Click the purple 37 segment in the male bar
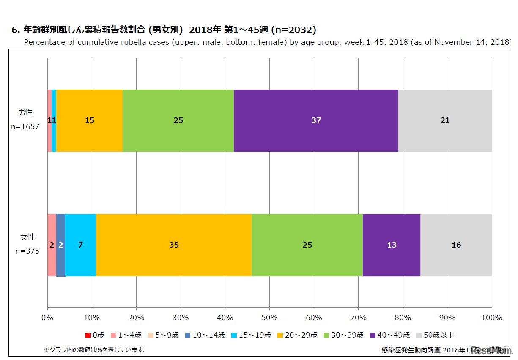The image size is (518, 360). pyautogui.click(x=316, y=120)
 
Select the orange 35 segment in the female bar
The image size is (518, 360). pyautogui.click(x=174, y=245)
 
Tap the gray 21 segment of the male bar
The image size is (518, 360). pyautogui.click(x=445, y=120)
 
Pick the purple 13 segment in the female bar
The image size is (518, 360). pyautogui.click(x=392, y=245)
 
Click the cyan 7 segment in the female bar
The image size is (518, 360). pyautogui.click(x=80, y=245)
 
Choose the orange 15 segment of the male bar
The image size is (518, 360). pyautogui.click(x=90, y=120)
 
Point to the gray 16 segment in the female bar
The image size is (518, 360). pyautogui.click(x=456, y=245)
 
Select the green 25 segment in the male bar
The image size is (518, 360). pyautogui.click(x=178, y=120)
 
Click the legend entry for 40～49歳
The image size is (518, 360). pyautogui.click(x=390, y=335)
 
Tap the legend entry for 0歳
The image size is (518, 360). pyautogui.click(x=95, y=335)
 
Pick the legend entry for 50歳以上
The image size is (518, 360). pyautogui.click(x=435, y=335)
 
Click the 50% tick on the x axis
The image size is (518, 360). pyautogui.click(x=269, y=318)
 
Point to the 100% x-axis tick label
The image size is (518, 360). pyautogui.click(x=491, y=318)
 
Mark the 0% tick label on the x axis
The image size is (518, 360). pyautogui.click(x=47, y=318)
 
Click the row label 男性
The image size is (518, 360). pyautogui.click(x=25, y=112)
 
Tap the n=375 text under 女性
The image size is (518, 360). pyautogui.click(x=27, y=251)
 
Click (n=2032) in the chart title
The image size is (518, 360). pyautogui.click(x=293, y=30)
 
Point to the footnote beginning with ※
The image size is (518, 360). pyautogui.click(x=95, y=350)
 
